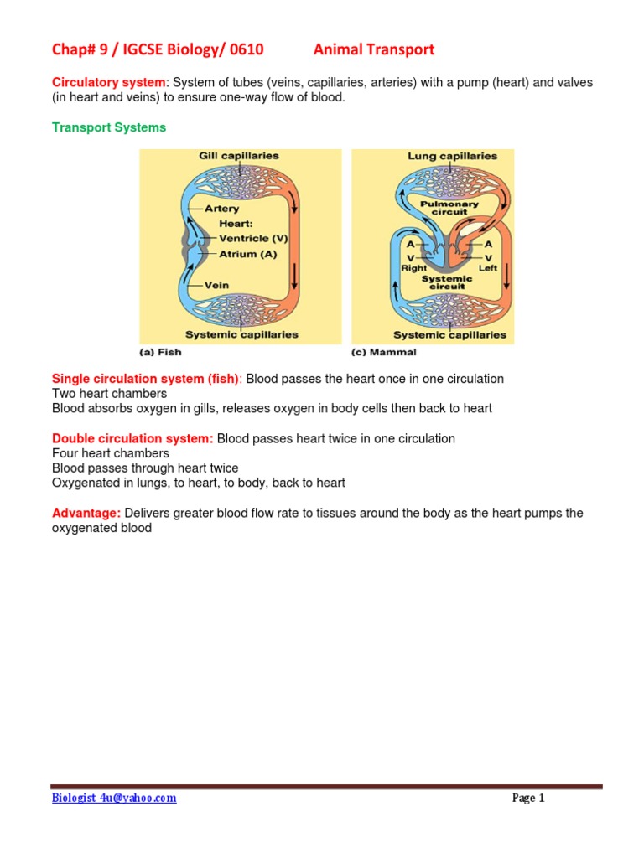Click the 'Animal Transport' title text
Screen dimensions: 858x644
pos(374,49)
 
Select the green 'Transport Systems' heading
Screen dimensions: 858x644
pos(109,127)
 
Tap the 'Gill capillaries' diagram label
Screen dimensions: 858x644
pos(239,156)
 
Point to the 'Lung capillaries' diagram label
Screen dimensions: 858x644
pos(452,156)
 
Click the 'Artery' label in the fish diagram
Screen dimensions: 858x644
pos(222,209)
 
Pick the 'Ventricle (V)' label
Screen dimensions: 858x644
pos(253,239)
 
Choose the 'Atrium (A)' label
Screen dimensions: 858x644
pos(247,254)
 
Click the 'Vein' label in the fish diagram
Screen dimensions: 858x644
pos(216,285)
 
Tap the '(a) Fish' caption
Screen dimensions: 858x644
pos(160,352)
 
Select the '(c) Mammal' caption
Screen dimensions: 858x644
pos(383,352)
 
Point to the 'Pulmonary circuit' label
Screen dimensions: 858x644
pos(449,208)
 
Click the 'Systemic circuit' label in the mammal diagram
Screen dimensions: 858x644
pos(447,282)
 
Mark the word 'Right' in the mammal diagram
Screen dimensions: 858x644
pos(413,268)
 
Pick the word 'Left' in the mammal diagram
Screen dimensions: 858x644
pos(488,268)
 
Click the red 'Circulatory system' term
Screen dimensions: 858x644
pos(110,82)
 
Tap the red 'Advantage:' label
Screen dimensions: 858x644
pos(86,513)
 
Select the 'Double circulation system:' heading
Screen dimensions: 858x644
pos(132,438)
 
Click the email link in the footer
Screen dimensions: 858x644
pos(114,798)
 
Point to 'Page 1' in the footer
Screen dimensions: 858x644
pos(528,798)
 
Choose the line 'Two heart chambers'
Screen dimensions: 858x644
pos(109,393)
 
